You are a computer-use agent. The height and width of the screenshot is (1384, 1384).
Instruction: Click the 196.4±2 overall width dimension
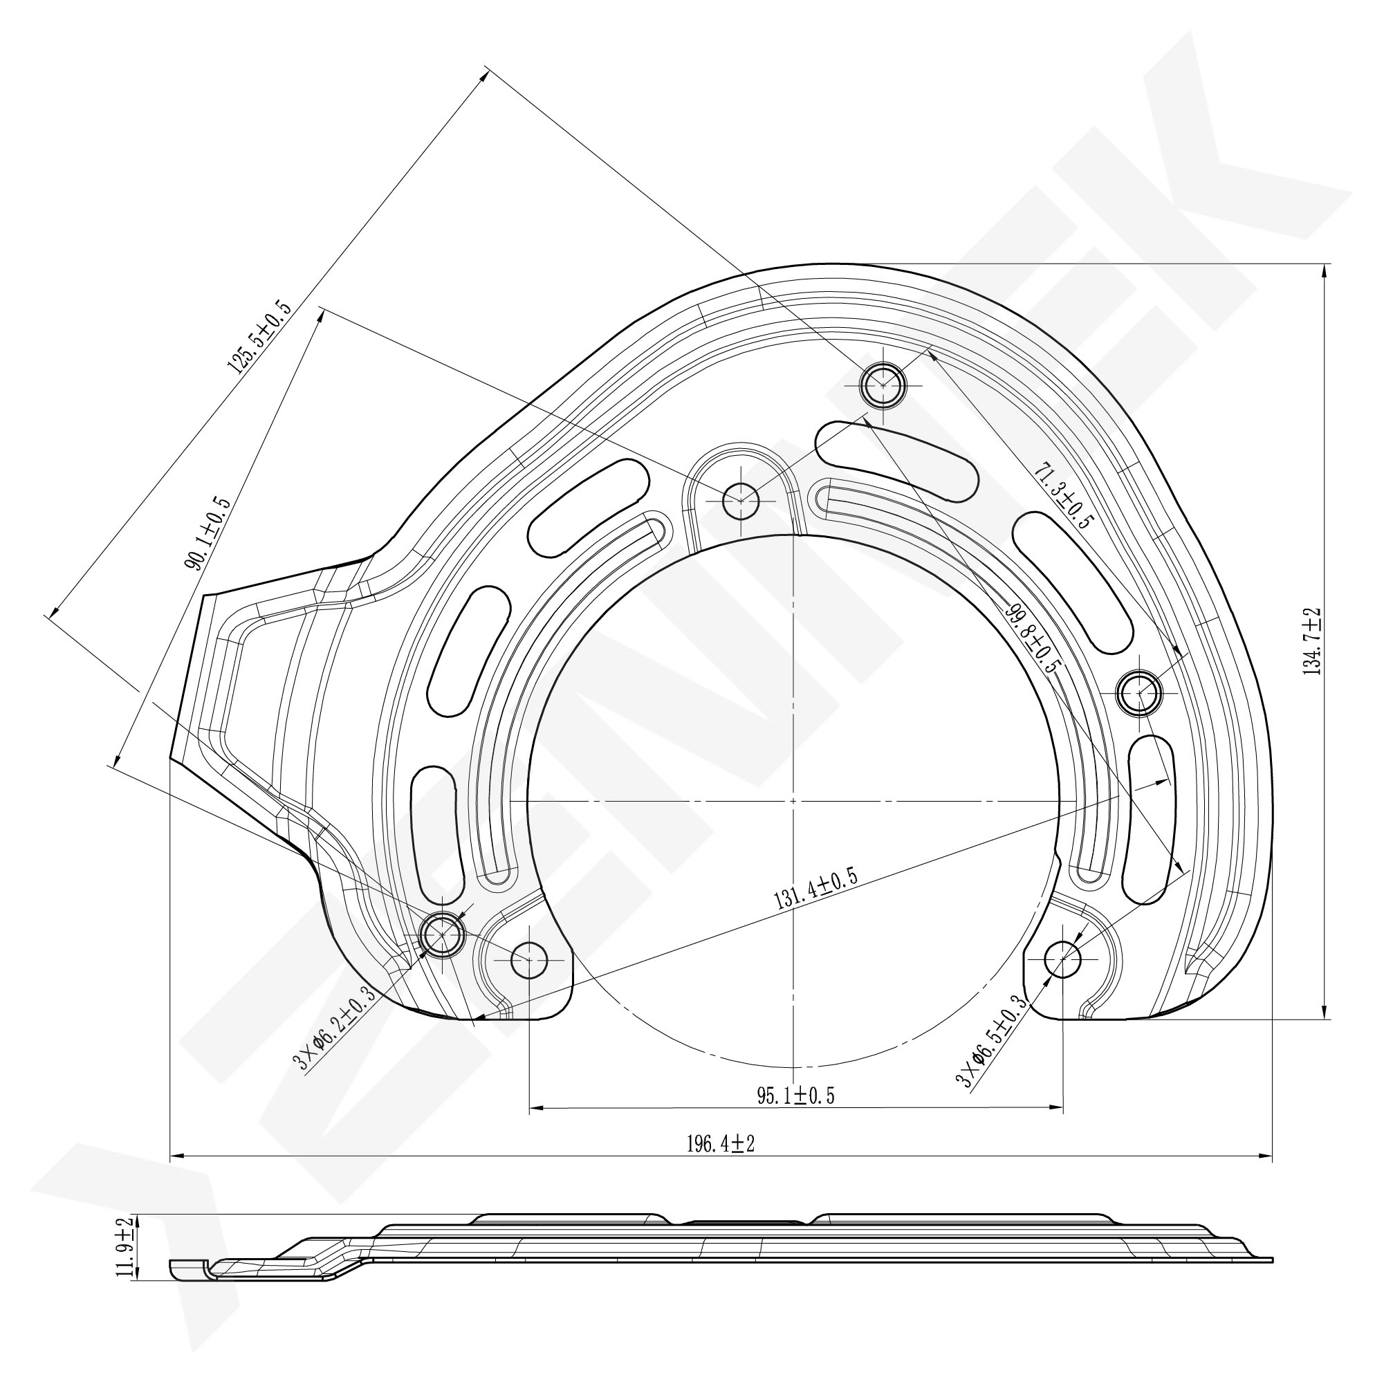(x=721, y=1144)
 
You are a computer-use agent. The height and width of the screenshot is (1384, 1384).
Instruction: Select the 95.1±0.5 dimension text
(x=795, y=1096)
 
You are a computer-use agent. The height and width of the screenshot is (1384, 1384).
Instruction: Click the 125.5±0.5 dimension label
(x=260, y=339)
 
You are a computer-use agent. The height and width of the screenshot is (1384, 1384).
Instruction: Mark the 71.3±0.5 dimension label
(x=1063, y=495)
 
